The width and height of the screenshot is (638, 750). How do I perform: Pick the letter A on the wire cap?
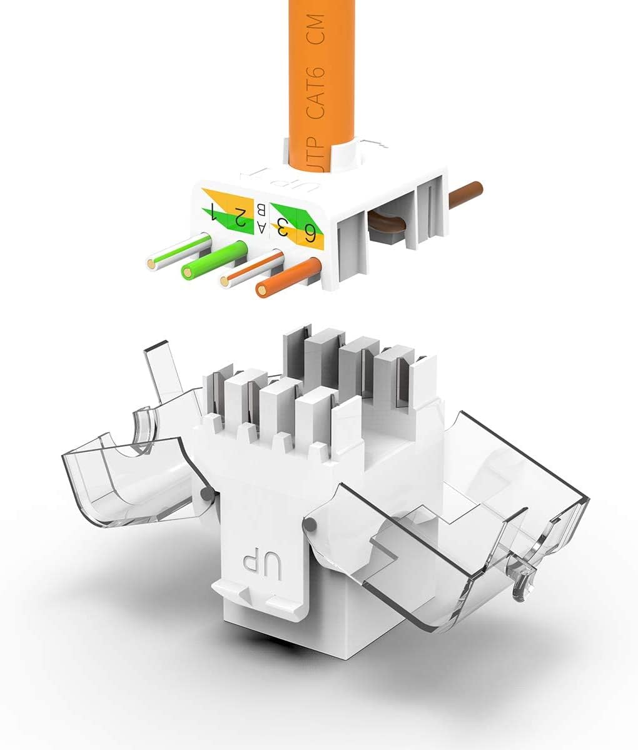[261, 227]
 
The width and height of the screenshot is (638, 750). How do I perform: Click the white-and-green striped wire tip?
[152, 264]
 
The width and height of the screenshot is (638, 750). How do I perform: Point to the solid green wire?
[188, 271]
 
